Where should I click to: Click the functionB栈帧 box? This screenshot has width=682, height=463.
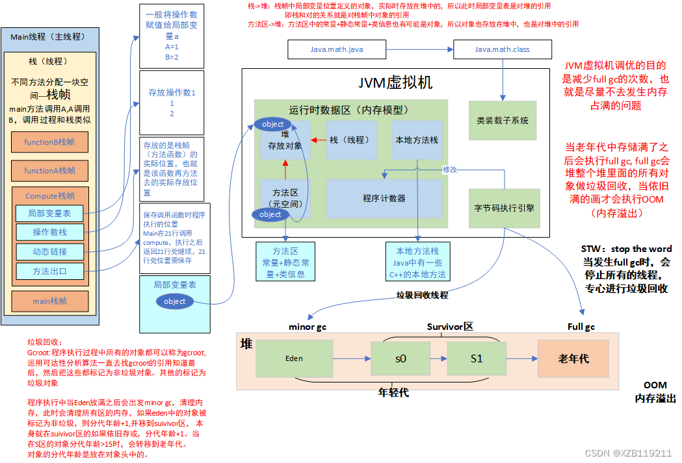49,142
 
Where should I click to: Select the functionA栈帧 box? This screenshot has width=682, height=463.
49,171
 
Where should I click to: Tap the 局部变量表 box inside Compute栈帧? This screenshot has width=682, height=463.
49,213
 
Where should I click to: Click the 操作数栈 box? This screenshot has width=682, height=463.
49,232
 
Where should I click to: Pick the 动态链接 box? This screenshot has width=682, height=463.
49,251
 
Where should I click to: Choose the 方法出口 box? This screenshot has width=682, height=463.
49,271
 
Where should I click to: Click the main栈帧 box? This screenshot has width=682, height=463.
49,301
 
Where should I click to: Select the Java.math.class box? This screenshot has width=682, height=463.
502,49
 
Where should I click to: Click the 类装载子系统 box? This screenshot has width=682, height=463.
503,120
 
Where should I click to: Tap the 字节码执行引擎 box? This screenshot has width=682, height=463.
505,208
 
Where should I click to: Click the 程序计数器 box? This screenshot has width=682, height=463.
384,198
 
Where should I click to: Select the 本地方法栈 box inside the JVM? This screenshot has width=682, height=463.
417,140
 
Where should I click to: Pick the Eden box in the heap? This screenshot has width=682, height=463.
294,358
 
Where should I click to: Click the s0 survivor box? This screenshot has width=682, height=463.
400,358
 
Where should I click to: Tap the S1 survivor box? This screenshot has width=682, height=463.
477,358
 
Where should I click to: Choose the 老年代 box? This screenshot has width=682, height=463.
573,358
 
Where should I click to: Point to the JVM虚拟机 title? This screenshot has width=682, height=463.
395,83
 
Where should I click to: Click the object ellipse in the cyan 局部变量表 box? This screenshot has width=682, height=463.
174,301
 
